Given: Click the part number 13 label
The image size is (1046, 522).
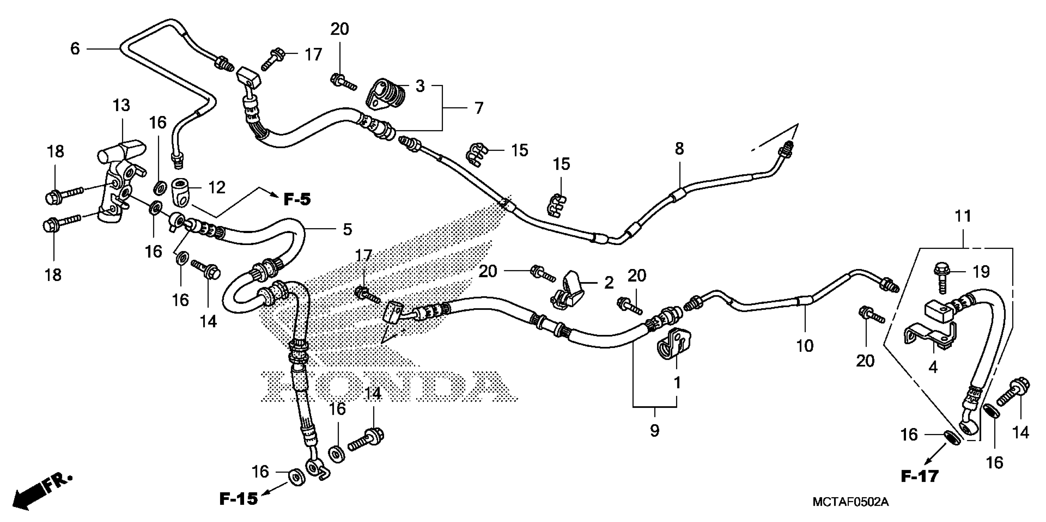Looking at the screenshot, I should (x=121, y=106).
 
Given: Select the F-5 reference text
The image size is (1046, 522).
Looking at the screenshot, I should (x=297, y=200).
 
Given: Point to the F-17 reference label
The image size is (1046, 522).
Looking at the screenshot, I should (x=920, y=477).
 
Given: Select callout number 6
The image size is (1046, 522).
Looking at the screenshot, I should (x=75, y=49).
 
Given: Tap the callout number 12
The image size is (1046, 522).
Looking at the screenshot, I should (x=216, y=187).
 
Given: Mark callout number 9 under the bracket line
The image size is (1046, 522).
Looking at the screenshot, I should (x=654, y=430).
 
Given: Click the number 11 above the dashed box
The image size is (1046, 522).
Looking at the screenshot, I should (x=963, y=216).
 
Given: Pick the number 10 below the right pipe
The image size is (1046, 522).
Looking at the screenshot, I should (x=804, y=346).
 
